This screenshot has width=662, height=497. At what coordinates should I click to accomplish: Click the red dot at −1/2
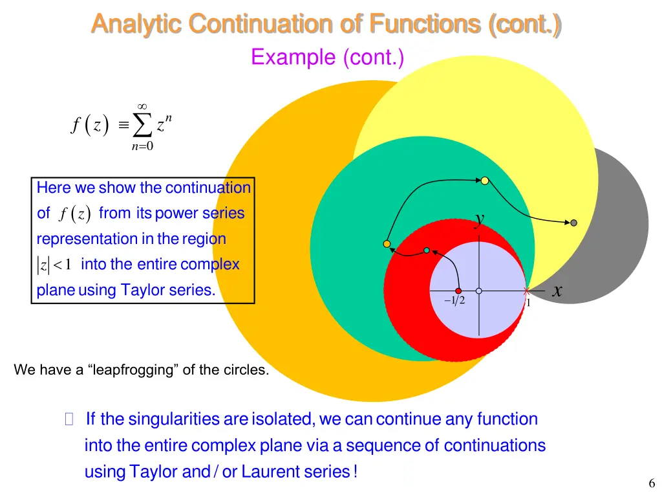458,291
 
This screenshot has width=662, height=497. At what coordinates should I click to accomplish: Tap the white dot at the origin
478,291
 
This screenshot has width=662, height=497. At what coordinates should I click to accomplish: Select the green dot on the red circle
426,250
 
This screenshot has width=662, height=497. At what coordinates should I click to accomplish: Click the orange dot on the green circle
387,244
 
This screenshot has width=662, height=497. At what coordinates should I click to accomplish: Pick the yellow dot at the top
484,181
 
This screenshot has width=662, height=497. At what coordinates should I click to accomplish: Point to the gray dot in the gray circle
573,223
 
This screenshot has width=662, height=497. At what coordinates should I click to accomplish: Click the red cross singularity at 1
527,291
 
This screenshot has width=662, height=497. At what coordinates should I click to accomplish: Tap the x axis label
557,292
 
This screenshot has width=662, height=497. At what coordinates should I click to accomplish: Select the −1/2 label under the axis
454,302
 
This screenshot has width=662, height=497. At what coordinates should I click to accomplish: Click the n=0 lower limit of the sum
142,146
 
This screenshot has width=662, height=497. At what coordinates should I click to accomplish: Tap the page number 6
651,483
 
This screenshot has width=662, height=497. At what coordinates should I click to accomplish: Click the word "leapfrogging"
136,370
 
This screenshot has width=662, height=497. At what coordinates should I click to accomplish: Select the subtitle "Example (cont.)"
327,58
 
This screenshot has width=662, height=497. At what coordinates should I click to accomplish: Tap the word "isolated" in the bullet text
279,419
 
